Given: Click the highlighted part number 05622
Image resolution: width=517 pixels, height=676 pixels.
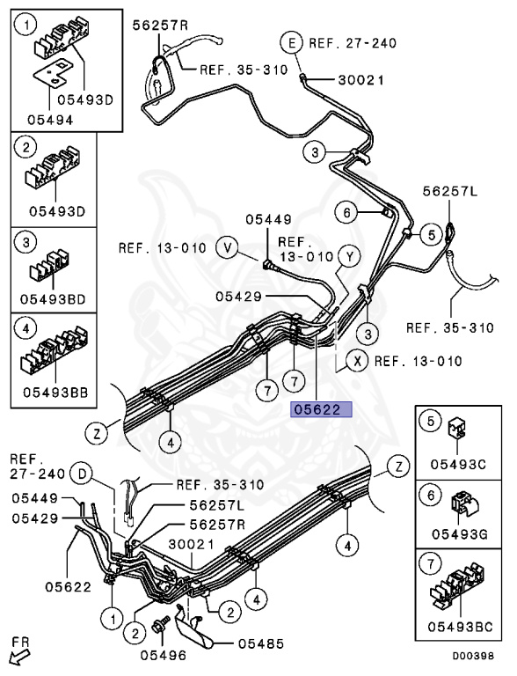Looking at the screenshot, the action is pos(322,409).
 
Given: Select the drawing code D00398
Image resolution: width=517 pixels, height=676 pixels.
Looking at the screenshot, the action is pos(473,657).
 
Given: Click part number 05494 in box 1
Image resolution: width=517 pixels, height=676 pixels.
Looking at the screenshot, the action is pos(50,120).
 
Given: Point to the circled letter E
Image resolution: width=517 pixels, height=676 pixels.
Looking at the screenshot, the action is pos(293,43).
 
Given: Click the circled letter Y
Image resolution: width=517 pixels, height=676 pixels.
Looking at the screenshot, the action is pos(349,257).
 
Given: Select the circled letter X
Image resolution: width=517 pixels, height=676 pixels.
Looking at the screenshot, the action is pos(357,361).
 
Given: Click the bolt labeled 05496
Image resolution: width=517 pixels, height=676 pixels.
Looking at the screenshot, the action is pos(160,627).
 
